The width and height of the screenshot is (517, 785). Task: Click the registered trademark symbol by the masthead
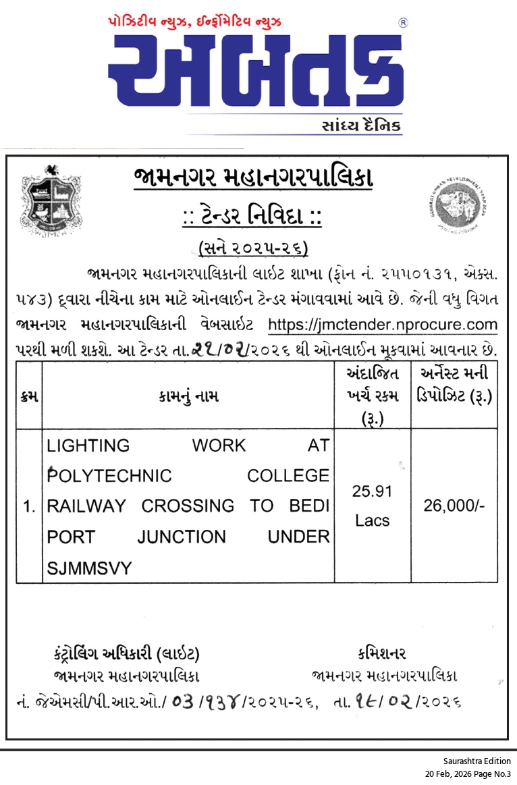(403, 22)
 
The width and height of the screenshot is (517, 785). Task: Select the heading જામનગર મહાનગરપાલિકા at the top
(253, 179)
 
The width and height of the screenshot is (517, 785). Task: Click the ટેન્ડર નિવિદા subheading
(253, 217)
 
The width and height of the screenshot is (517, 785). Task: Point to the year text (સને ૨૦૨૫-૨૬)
(253, 248)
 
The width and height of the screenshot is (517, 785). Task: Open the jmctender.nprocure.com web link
(383, 325)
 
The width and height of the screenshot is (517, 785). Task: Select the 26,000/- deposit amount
(454, 506)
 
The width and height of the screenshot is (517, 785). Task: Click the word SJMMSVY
(90, 568)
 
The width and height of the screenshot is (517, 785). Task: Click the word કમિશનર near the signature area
(382, 653)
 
